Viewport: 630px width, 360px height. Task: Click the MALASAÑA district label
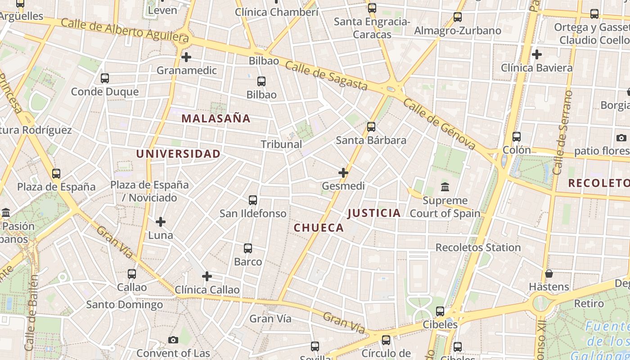click(x=216, y=118)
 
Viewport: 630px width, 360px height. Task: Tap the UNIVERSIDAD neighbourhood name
click(x=178, y=154)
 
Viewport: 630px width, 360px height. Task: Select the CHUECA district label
click(x=319, y=228)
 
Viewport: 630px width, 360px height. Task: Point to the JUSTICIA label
click(x=374, y=213)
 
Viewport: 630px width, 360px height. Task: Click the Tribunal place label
click(x=281, y=144)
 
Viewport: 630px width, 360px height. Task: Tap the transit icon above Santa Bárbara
click(x=371, y=127)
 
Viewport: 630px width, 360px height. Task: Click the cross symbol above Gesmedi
click(x=343, y=173)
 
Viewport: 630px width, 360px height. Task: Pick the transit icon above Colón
click(x=517, y=137)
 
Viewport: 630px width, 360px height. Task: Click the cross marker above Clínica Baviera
click(x=536, y=55)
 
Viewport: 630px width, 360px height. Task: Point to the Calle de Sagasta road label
click(x=326, y=76)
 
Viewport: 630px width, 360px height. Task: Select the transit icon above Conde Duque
click(x=105, y=78)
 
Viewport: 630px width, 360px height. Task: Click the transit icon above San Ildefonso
click(x=253, y=200)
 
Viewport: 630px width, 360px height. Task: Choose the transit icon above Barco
click(x=247, y=248)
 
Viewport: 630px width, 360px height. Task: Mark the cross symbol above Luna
click(x=161, y=222)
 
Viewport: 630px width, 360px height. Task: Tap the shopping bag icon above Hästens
click(x=549, y=274)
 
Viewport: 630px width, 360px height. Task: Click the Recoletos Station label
click(x=478, y=247)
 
